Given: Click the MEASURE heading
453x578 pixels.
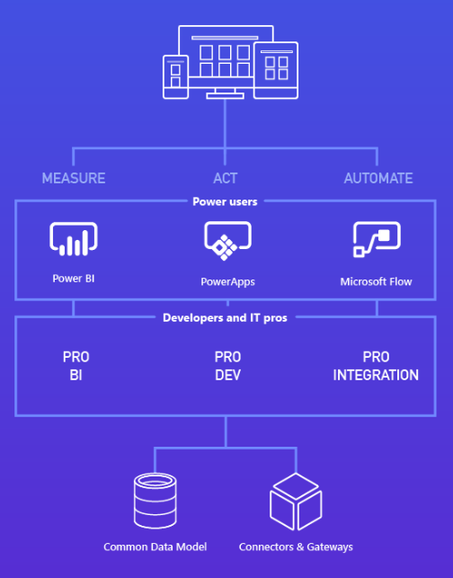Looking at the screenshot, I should (74, 178).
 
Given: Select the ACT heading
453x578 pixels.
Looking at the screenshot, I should (225, 178).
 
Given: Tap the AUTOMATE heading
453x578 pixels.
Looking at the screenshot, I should (378, 178).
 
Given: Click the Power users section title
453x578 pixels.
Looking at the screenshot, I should (225, 201).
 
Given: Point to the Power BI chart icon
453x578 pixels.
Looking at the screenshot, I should (73, 239).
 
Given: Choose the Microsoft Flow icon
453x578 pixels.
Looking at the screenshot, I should (377, 240).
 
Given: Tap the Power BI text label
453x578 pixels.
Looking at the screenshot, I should (73, 279).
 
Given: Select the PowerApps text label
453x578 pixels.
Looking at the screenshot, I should (227, 281).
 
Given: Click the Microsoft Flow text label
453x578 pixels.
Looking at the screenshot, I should (376, 281).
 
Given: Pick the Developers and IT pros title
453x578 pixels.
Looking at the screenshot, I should (225, 317).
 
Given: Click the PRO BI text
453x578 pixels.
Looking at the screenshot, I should (75, 366).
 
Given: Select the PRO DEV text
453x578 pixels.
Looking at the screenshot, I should (227, 366).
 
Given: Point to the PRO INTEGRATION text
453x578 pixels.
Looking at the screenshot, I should (376, 366).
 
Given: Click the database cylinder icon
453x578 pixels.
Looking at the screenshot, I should (155, 499).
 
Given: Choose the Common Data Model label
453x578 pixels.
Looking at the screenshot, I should (155, 547).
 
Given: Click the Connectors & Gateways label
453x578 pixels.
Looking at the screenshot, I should (296, 547).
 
